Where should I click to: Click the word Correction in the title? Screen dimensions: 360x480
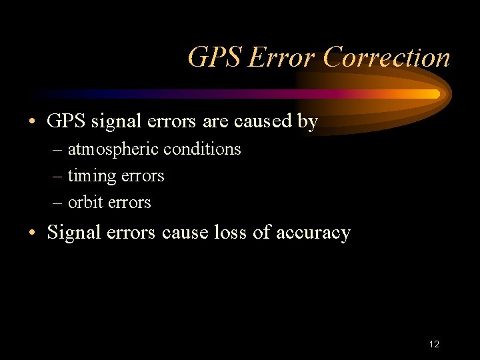pos(387,58)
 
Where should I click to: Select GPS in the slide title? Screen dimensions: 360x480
pos(215,58)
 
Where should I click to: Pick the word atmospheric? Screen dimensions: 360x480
pos(113,149)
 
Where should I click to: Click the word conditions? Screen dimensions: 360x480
pos(202,149)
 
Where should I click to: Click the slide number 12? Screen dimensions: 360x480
pos(434,344)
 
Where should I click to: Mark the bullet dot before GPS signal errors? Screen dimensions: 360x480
pos(32,122)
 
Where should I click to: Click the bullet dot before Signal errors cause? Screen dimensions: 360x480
pos(32,233)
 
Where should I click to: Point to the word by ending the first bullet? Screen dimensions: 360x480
pos(309,122)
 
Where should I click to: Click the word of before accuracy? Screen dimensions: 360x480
pos(261,233)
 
